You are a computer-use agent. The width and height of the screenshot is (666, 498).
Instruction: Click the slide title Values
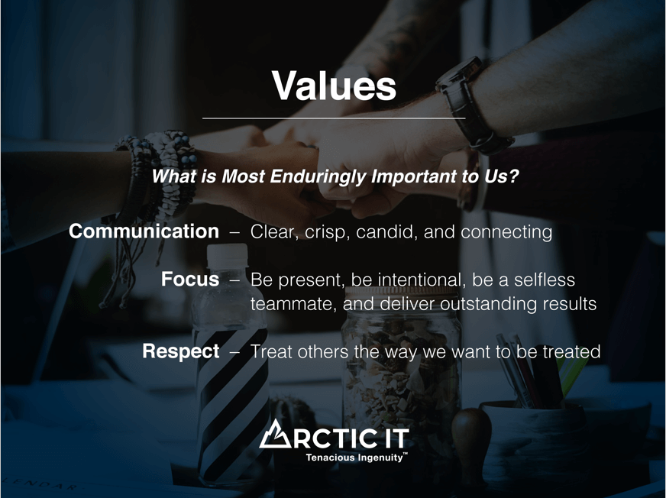[x=334, y=85]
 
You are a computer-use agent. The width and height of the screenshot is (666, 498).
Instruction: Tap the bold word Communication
[x=144, y=231]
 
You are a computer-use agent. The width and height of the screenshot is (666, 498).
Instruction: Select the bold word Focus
[x=190, y=279]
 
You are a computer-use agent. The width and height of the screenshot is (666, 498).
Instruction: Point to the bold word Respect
[x=181, y=351]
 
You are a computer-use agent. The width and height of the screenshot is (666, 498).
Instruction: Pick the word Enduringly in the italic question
[x=318, y=176]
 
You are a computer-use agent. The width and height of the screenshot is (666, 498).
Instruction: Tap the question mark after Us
[x=513, y=176]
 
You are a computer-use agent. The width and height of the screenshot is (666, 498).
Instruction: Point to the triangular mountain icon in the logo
[x=275, y=434]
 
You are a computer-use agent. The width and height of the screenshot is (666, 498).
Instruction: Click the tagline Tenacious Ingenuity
[x=354, y=458]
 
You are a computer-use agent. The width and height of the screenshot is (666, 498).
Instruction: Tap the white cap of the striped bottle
[x=228, y=256]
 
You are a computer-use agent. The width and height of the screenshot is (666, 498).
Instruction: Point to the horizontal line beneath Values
[x=334, y=118]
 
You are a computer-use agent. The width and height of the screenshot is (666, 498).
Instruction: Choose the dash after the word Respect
[x=235, y=352]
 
